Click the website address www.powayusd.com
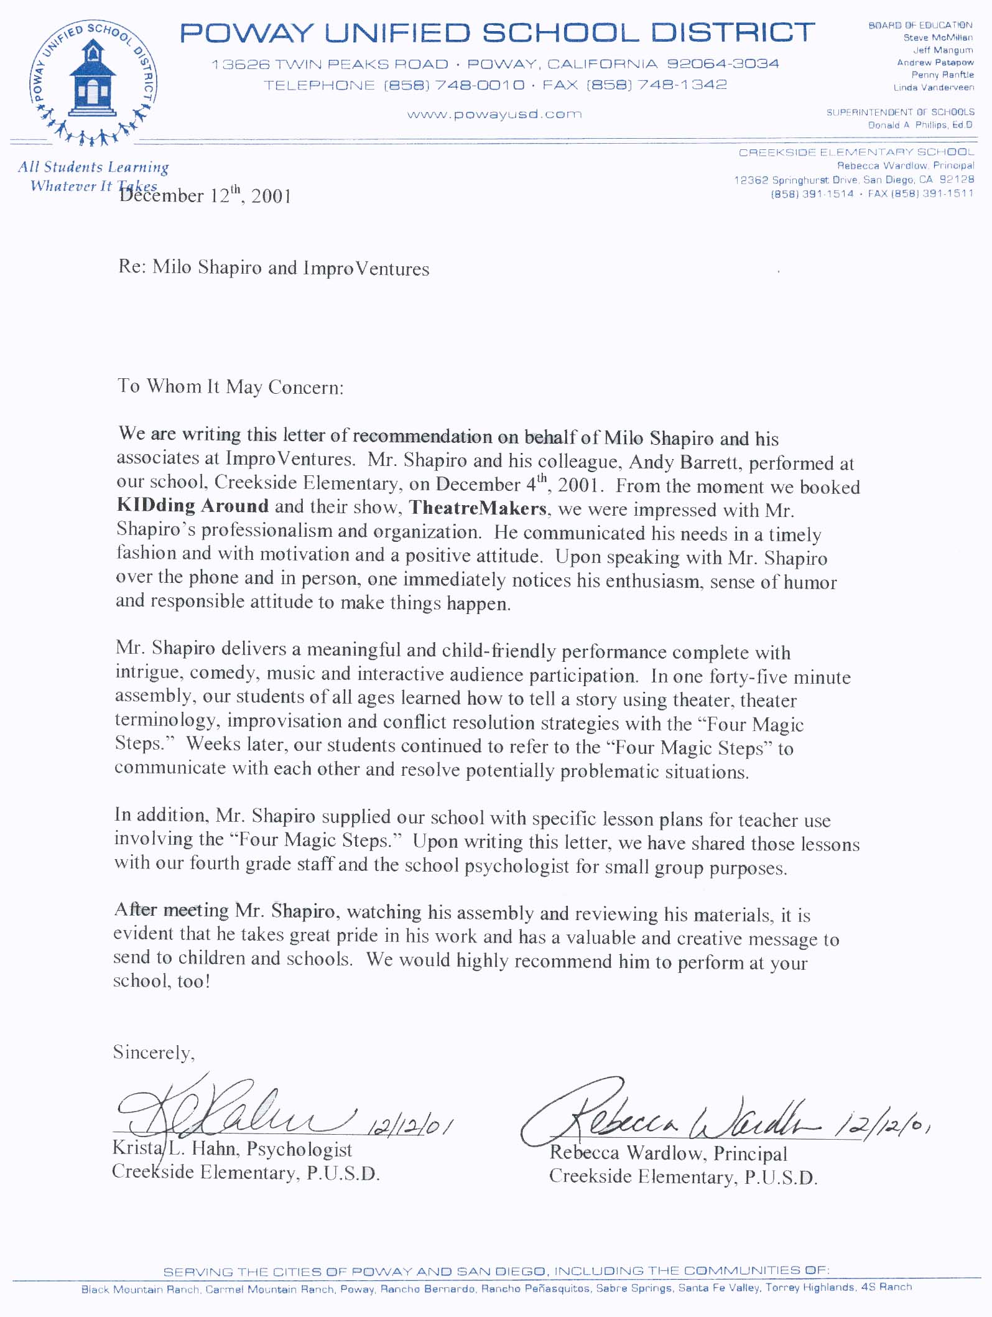pyautogui.click(x=494, y=114)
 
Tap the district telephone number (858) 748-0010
pyautogui.click(x=454, y=85)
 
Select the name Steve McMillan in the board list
pyautogui.click(x=938, y=38)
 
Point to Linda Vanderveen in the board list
pyautogui.click(x=934, y=88)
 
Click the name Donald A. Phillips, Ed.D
pyautogui.click(x=920, y=125)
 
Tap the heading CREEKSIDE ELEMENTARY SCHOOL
pyautogui.click(x=856, y=152)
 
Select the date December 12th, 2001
pyautogui.click(x=205, y=196)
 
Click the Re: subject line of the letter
pyautogui.click(x=274, y=268)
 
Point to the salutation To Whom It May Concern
pyautogui.click(x=230, y=387)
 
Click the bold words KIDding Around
pyautogui.click(x=193, y=506)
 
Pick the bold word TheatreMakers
pyautogui.click(x=478, y=508)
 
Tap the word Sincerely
pyautogui.click(x=154, y=1053)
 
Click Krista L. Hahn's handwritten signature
pyautogui.click(x=230, y=1107)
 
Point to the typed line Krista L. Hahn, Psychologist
pyautogui.click(x=232, y=1148)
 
